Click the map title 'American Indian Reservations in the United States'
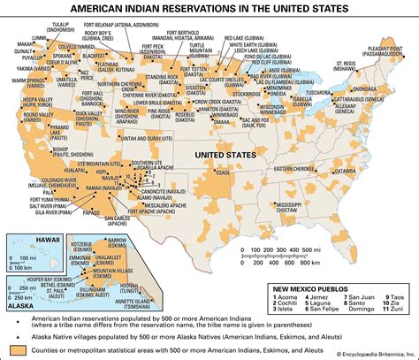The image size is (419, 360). point(210,8)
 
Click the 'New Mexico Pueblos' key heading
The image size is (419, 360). point(313,288)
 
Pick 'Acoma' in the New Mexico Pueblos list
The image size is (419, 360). point(293,300)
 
